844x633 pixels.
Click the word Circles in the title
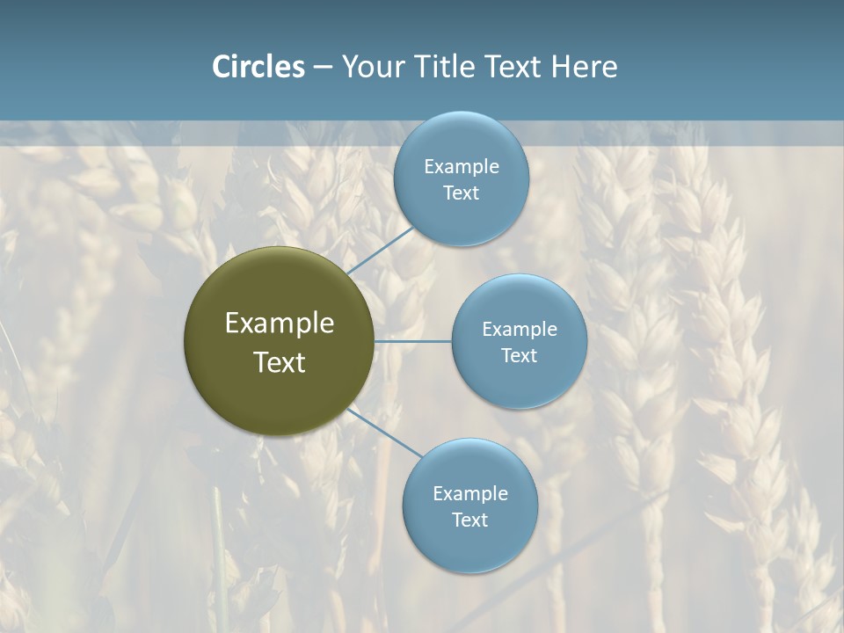pos(258,67)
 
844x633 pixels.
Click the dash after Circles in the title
pos(323,68)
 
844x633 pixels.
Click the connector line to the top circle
pos(380,251)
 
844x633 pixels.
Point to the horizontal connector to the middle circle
pos(413,341)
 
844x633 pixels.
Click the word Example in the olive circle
pos(280,324)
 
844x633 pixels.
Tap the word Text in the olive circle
pos(280,362)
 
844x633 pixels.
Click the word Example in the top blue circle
pos(461,167)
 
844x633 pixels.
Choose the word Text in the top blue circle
pos(461,193)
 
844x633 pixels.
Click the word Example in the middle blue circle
pos(519,330)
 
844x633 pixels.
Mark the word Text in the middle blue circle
pos(519,356)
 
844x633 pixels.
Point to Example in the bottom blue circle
pos(469,494)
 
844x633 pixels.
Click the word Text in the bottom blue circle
pos(469,520)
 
